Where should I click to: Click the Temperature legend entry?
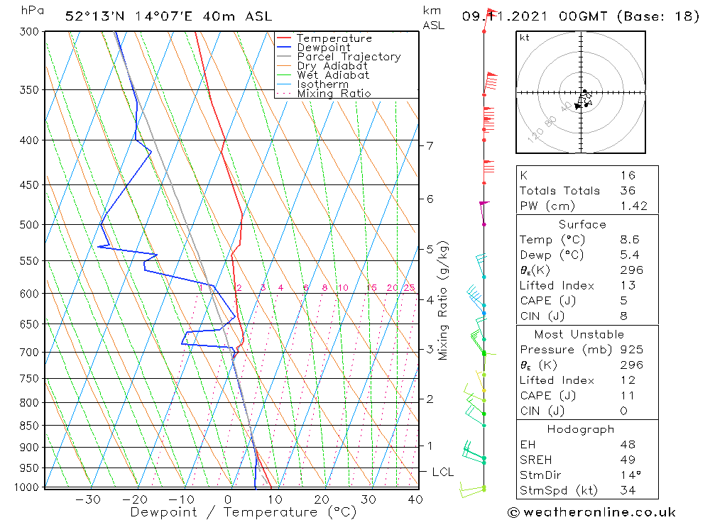(x=334, y=38)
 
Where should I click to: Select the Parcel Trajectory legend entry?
(x=349, y=57)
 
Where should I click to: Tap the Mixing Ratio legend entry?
(x=334, y=94)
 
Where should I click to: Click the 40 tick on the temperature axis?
(x=415, y=499)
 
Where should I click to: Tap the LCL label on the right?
(x=442, y=472)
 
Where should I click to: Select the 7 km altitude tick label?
(x=430, y=146)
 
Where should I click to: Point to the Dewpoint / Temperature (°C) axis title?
(x=244, y=512)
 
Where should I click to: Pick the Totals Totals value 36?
(x=627, y=191)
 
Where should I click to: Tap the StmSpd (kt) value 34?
(x=627, y=490)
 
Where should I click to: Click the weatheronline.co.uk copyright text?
(x=591, y=512)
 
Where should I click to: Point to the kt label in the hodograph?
(x=524, y=38)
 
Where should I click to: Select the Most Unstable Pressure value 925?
(x=630, y=350)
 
